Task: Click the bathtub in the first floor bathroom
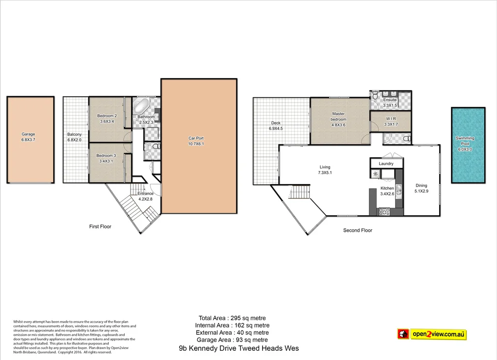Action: pyautogui.click(x=142, y=106)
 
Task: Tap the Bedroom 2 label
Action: pyautogui.click(x=107, y=116)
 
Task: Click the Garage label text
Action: pyautogui.click(x=28, y=134)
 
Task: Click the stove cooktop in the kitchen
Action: pyautogui.click(x=384, y=211)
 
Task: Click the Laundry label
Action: pyautogui.click(x=386, y=164)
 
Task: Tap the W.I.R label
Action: pyautogui.click(x=390, y=119)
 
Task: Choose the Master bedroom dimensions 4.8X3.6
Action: pyautogui.click(x=338, y=125)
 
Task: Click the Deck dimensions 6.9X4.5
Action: pyautogui.click(x=276, y=129)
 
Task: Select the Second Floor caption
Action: pyautogui.click(x=358, y=230)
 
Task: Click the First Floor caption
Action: pyautogui.click(x=100, y=226)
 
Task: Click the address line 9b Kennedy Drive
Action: pyautogui.click(x=239, y=348)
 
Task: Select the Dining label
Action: pyautogui.click(x=421, y=185)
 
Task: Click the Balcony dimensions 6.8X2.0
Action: pyautogui.click(x=75, y=140)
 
